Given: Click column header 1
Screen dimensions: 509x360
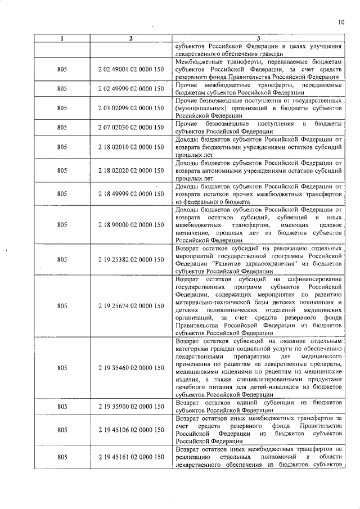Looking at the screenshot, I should pos(62,39).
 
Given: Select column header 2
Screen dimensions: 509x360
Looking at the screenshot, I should pos(130,39).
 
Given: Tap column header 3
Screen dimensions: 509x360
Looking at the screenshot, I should pos(258,39).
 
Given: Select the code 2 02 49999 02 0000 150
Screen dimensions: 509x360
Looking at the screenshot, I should pos(130,88).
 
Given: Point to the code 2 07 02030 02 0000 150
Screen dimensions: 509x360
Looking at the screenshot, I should pos(130,127).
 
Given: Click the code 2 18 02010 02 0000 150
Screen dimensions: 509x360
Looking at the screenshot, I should pos(130,147).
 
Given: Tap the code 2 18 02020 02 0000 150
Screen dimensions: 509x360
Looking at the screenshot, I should pos(130,170).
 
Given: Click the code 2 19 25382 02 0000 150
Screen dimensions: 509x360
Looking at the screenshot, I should pos(130,260).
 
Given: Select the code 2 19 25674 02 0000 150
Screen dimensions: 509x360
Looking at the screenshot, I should pos(130,307).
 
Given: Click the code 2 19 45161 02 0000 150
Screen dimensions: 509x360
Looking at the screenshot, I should pos(130,457).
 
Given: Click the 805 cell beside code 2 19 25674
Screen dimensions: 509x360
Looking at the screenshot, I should pos(62,307).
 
